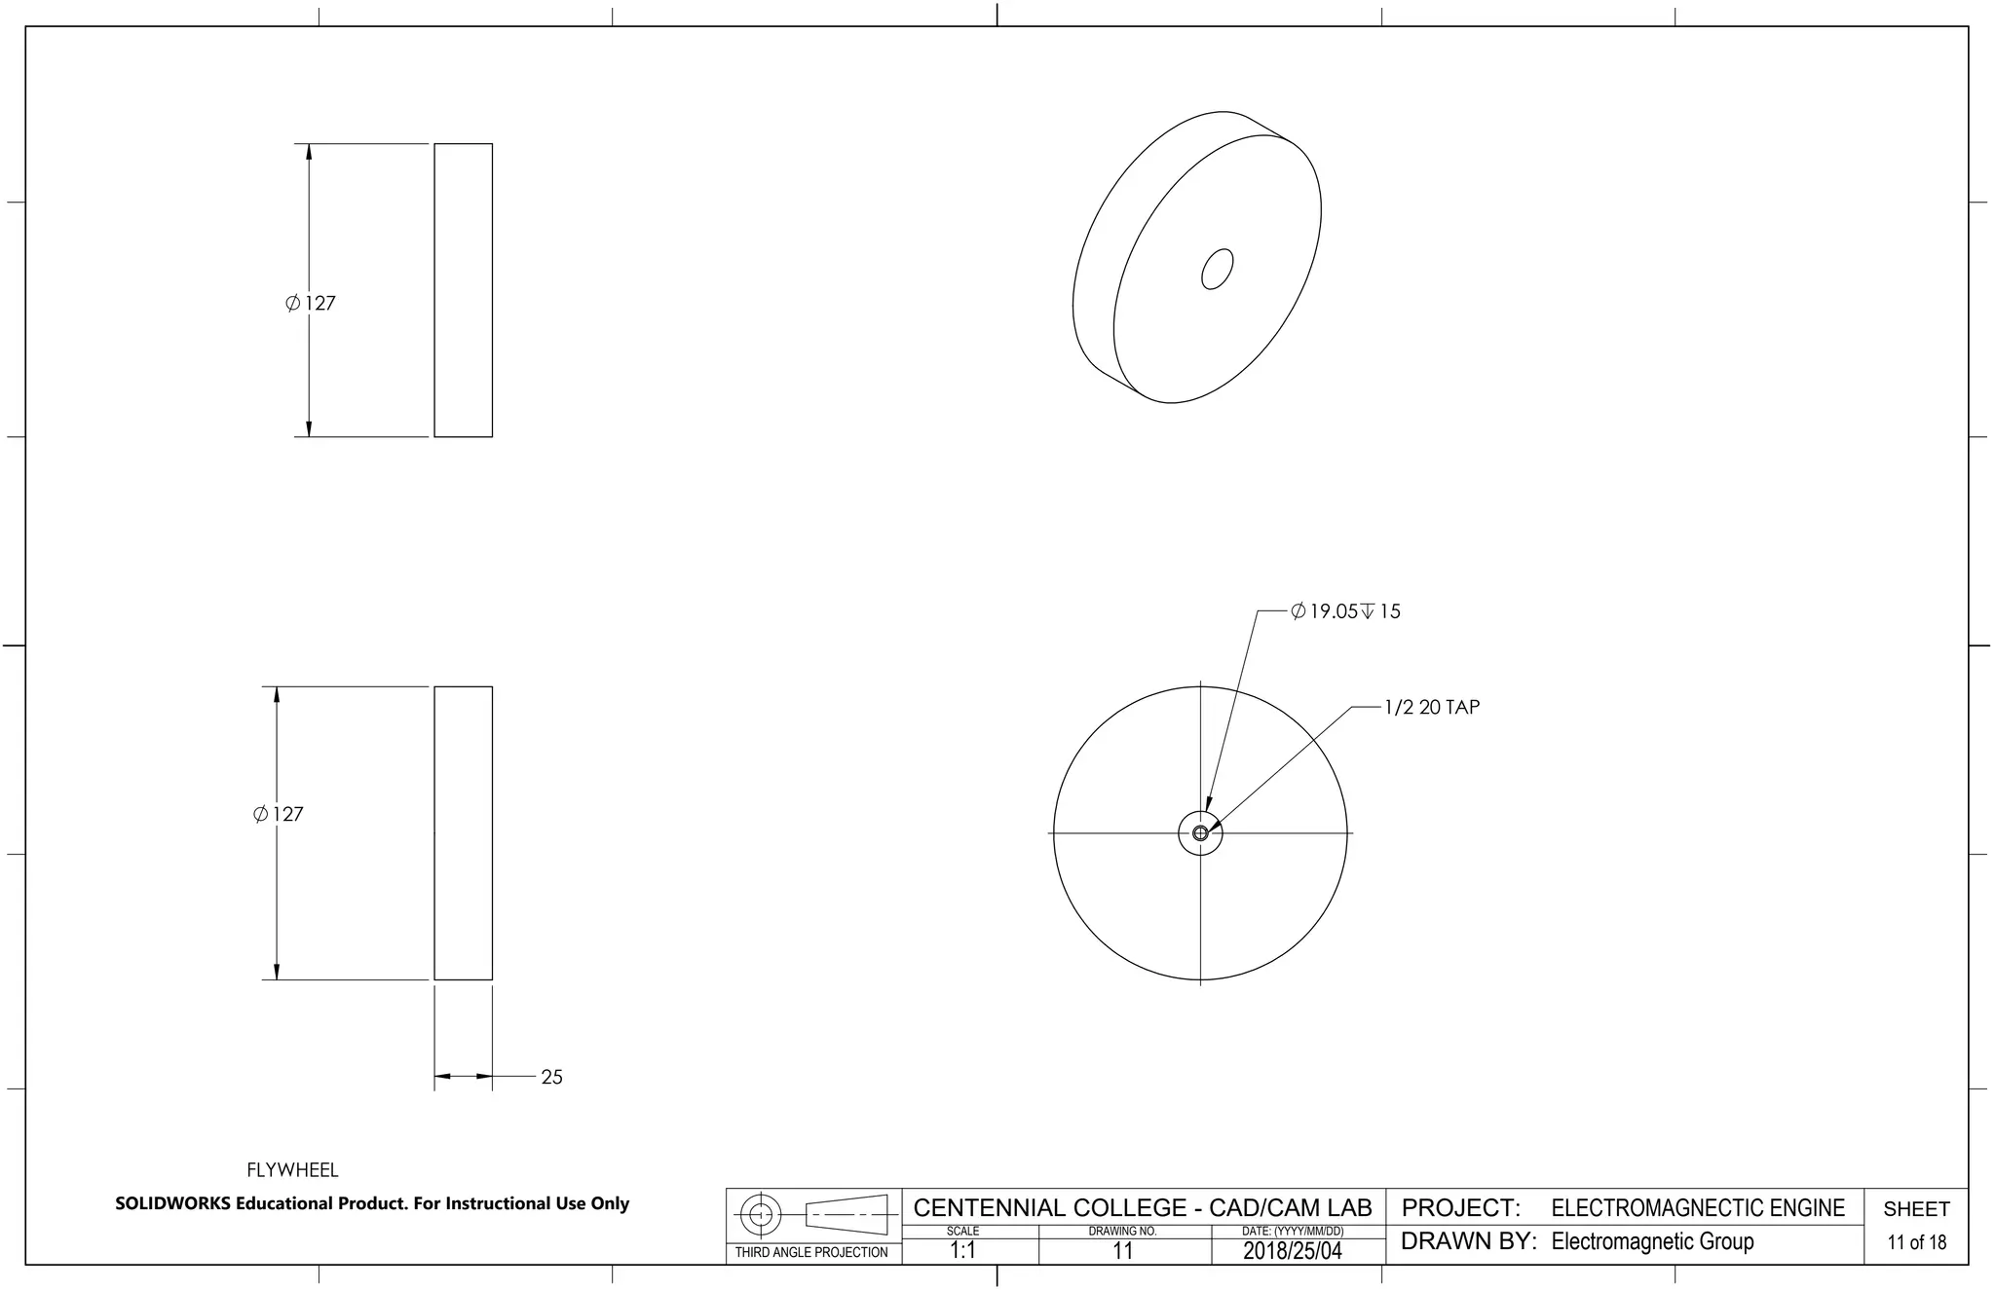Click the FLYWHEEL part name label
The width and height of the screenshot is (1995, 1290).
[292, 1169]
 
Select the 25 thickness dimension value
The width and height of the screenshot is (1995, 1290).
[551, 1077]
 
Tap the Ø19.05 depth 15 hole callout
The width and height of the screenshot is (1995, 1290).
[1345, 611]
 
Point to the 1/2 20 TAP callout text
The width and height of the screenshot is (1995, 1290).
[1431, 708]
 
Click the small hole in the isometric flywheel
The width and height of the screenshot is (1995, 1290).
[1217, 269]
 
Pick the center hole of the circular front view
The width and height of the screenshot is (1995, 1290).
[1200, 833]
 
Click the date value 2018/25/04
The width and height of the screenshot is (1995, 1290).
[1292, 1251]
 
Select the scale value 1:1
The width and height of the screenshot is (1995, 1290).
[962, 1251]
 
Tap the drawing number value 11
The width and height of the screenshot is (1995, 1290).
[1122, 1251]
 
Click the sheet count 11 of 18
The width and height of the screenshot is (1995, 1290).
[1916, 1242]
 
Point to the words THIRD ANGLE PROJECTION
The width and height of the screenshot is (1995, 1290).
[811, 1252]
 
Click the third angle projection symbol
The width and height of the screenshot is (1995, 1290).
[813, 1214]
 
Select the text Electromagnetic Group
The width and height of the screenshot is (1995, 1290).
[1652, 1241]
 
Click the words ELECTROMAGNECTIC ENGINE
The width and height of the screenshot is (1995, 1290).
[1697, 1208]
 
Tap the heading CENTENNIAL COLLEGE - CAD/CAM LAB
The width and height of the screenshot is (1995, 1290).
[1142, 1208]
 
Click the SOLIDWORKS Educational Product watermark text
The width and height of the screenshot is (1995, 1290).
[372, 1203]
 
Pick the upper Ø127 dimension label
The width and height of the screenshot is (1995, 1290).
[311, 304]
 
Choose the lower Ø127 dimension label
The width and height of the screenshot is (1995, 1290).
[279, 814]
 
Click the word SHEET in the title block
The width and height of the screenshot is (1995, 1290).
[1916, 1209]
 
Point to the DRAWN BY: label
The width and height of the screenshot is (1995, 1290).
[1468, 1241]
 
